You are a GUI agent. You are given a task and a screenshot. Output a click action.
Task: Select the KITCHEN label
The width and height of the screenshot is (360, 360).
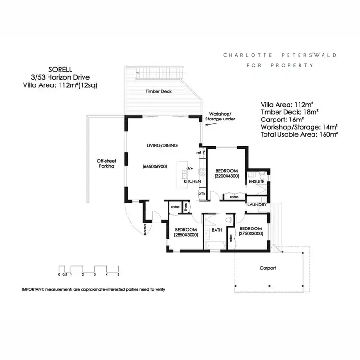coord(192,181)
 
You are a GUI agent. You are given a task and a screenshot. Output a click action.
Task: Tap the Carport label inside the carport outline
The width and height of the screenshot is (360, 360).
coord(267,268)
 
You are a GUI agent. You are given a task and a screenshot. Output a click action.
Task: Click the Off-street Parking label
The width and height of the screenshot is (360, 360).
coord(106,163)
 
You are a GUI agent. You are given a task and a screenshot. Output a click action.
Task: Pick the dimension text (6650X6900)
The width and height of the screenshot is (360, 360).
coord(155,166)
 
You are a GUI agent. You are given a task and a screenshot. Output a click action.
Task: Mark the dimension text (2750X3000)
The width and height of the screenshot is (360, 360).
coord(251,234)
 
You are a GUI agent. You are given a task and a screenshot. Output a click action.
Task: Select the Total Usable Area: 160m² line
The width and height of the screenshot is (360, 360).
coord(300,135)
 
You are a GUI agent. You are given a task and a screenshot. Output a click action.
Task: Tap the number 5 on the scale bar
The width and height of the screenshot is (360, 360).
coord(118,274)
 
